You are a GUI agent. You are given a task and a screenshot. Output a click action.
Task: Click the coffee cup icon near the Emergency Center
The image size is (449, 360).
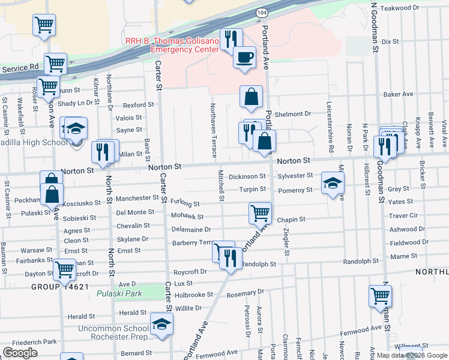click(x=244, y=58)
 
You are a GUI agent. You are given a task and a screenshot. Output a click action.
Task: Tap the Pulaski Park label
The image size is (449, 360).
click(x=119, y=294)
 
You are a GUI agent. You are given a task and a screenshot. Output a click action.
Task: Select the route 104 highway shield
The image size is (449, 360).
click(x=262, y=12)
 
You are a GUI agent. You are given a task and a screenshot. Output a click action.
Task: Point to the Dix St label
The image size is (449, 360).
click(x=390, y=41)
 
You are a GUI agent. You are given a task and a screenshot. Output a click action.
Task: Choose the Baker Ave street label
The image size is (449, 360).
click(x=399, y=94)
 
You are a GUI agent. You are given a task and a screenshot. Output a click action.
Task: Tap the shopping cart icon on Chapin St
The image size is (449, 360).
click(x=260, y=212)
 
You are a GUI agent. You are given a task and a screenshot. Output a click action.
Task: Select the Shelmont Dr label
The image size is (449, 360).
click(x=294, y=114)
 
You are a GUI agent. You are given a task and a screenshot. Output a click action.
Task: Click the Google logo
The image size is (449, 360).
click(x=20, y=352)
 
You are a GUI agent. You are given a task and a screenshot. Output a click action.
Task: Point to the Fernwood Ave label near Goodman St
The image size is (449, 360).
click(x=360, y=328)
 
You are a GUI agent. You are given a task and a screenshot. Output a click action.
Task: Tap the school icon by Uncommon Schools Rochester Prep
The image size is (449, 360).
click(x=161, y=324)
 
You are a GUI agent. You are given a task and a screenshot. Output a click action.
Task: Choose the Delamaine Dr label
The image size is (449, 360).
click(x=191, y=229)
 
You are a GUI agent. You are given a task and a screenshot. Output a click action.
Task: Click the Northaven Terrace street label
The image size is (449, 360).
click(x=213, y=126)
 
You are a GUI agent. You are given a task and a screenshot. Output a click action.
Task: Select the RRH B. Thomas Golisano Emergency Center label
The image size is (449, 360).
click(x=172, y=46)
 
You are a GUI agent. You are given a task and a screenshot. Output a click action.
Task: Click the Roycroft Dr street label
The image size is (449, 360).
click(x=190, y=272)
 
